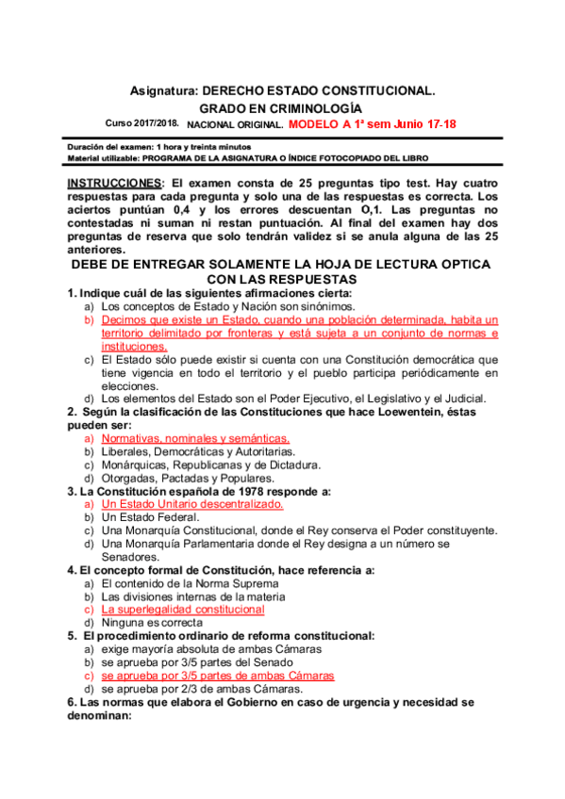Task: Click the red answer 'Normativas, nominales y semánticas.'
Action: click(195, 438)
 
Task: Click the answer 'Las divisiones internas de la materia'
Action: click(193, 596)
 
